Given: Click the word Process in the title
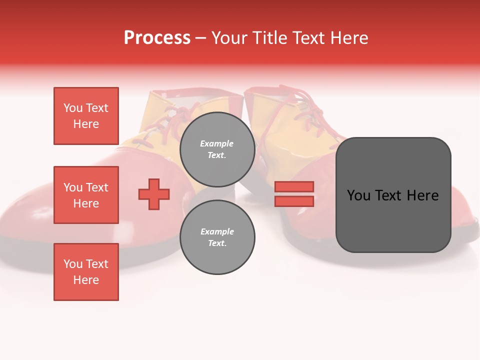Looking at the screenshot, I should click(x=157, y=38).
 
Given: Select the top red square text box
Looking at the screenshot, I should click(x=86, y=116).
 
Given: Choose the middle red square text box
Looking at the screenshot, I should click(x=86, y=195).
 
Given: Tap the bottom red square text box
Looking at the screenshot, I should click(x=86, y=272).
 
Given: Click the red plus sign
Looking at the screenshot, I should click(x=154, y=193).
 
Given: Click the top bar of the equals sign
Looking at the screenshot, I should click(x=294, y=186).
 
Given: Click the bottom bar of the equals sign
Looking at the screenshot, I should click(x=294, y=201).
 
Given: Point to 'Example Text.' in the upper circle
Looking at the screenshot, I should click(x=217, y=149).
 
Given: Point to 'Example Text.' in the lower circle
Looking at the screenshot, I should click(x=217, y=237).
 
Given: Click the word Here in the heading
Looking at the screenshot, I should click(x=349, y=38).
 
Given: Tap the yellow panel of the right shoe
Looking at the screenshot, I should click(x=295, y=150).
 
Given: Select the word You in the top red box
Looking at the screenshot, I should click(x=73, y=108).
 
